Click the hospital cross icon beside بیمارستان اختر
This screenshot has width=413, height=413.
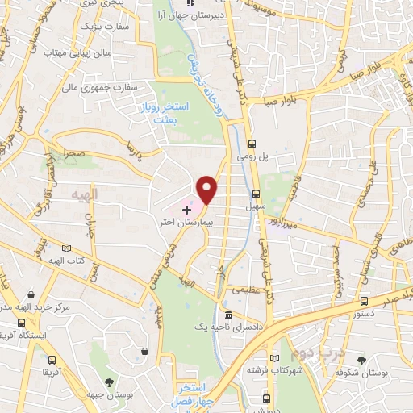coord(186,208)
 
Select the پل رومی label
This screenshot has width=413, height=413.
coord(252,156)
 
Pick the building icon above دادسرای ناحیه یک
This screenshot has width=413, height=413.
coord(229,314)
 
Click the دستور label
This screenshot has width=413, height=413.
coord(349,316)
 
